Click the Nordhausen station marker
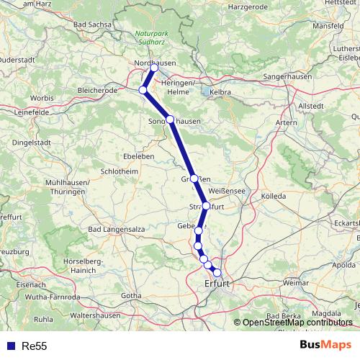tap(153, 68)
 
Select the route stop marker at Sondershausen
tap(170, 120)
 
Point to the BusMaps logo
tap(325, 346)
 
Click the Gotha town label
tap(132, 295)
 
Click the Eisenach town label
tap(17, 285)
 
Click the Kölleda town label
tap(273, 196)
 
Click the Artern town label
tap(286, 123)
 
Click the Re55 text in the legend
tap(35, 346)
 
